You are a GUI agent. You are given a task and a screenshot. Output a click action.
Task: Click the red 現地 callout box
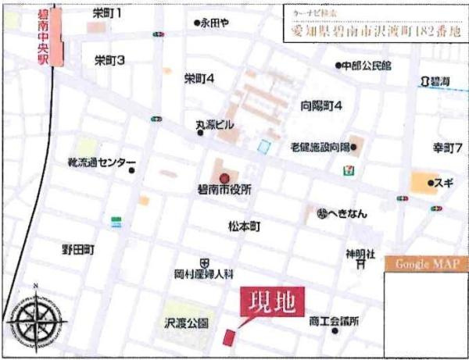click(x=271, y=303)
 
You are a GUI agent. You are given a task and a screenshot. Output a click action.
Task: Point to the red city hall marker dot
click(x=224, y=176)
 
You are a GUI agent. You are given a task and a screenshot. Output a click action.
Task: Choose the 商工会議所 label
click(x=333, y=320)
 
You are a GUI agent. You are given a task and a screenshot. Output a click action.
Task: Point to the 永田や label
click(x=215, y=23)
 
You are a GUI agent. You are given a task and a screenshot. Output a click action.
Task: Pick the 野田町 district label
click(x=78, y=250)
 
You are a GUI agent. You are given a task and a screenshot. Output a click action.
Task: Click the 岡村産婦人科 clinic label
click(x=204, y=274)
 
